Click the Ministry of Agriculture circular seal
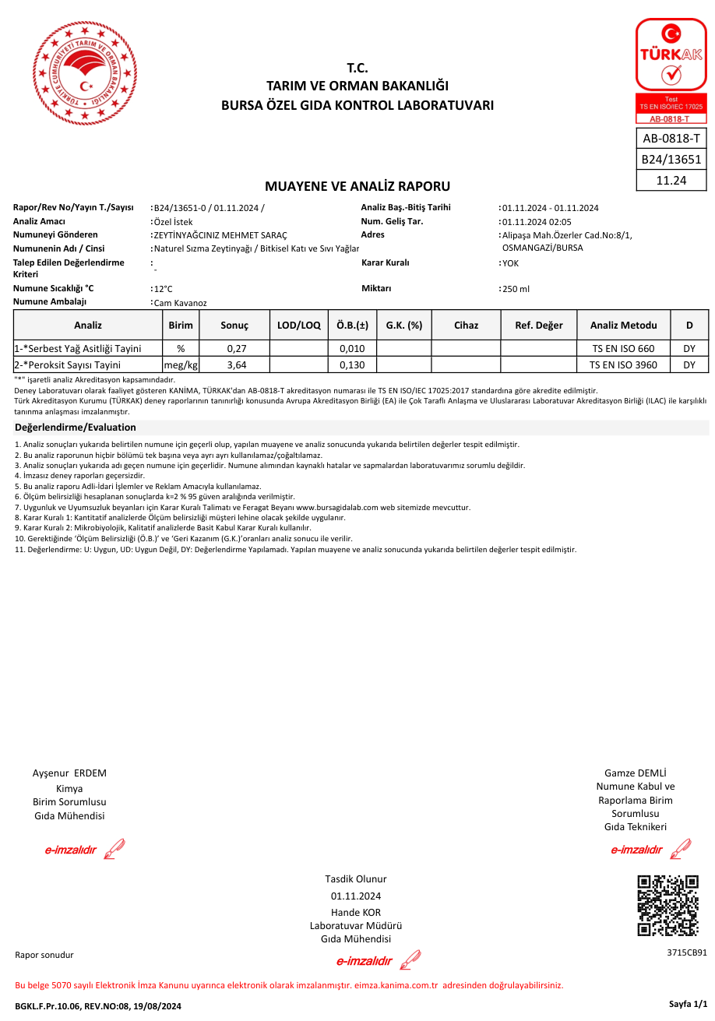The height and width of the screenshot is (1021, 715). pyautogui.click(x=86, y=72)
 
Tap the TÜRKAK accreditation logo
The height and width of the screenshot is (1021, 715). pyautogui.click(x=671, y=70)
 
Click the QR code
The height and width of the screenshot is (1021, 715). pyautogui.click(x=667, y=906)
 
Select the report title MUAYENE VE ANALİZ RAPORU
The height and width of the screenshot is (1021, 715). pyautogui.click(x=357, y=186)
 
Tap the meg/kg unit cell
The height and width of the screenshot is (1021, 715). pyautogui.click(x=181, y=364)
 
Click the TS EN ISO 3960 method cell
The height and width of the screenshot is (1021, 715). pyautogui.click(x=623, y=364)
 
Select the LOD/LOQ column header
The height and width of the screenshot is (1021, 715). pyautogui.click(x=298, y=326)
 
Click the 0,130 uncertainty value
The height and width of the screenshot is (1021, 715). pyautogui.click(x=352, y=364)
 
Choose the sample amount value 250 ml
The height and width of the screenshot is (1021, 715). pyautogui.click(x=516, y=289)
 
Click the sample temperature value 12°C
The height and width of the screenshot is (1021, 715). pyautogui.click(x=164, y=289)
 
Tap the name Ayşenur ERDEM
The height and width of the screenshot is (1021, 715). pyautogui.click(x=69, y=773)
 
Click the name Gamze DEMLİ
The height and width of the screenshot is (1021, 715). pyautogui.click(x=636, y=773)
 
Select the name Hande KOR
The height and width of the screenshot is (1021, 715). pyautogui.click(x=356, y=913)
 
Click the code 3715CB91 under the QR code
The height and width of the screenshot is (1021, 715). pyautogui.click(x=687, y=952)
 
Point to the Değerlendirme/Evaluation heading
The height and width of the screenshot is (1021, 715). pyautogui.click(x=76, y=428)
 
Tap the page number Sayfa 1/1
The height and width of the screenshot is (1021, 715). pyautogui.click(x=689, y=1005)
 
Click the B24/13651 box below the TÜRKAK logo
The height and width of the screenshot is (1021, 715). pyautogui.click(x=671, y=160)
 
